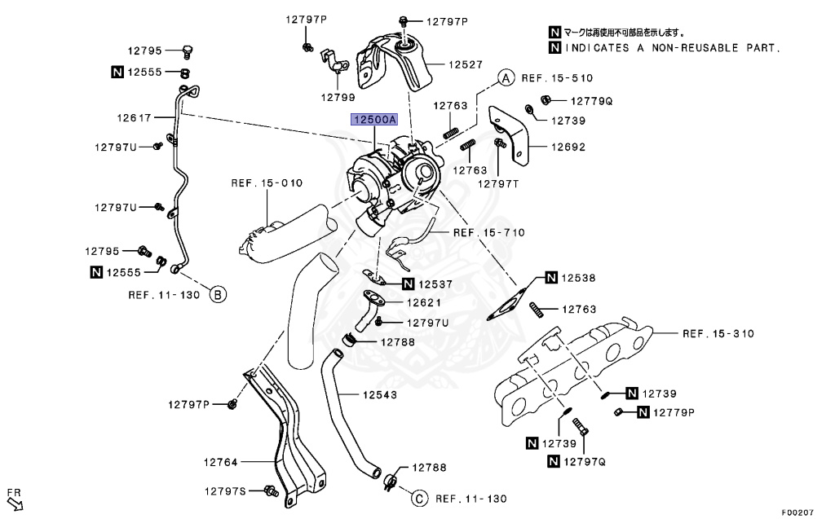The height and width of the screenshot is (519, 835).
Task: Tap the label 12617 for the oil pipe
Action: point(135,117)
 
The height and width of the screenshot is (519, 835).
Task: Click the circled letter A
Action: point(506,78)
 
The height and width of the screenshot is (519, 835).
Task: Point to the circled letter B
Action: point(218,294)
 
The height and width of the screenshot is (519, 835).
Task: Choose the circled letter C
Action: point(417,499)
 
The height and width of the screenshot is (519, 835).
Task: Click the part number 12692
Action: point(568,147)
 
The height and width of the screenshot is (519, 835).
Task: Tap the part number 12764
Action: point(220,462)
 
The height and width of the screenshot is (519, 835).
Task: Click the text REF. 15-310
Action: point(718,333)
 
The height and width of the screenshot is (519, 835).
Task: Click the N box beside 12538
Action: point(552,278)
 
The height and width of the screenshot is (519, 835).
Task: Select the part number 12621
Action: point(424,302)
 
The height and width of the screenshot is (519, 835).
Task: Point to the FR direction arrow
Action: point(15,500)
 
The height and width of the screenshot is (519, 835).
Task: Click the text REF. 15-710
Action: point(489,232)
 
